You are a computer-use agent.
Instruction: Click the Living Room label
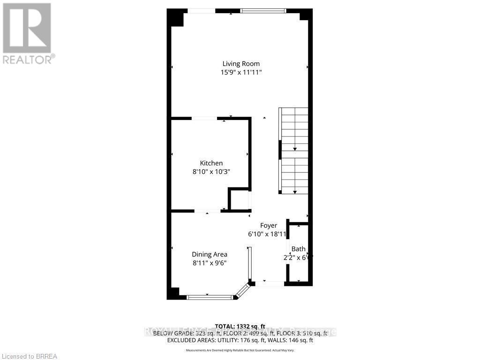point(240,64)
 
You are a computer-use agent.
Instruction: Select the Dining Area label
point(209,255)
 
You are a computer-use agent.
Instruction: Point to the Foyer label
point(269,225)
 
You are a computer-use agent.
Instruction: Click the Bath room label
point(298,249)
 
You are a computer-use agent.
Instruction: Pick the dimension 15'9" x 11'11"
point(241,72)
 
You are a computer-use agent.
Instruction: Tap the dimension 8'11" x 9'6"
point(209,263)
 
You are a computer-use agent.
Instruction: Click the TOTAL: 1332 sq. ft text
point(240,326)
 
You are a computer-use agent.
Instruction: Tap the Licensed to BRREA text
point(29,356)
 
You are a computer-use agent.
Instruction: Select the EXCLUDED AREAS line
point(240,340)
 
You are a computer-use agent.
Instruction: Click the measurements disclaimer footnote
point(240,350)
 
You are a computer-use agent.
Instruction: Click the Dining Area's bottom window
point(210,297)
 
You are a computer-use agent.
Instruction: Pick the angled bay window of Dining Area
point(243,291)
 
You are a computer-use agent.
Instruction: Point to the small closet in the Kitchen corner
point(239,199)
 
